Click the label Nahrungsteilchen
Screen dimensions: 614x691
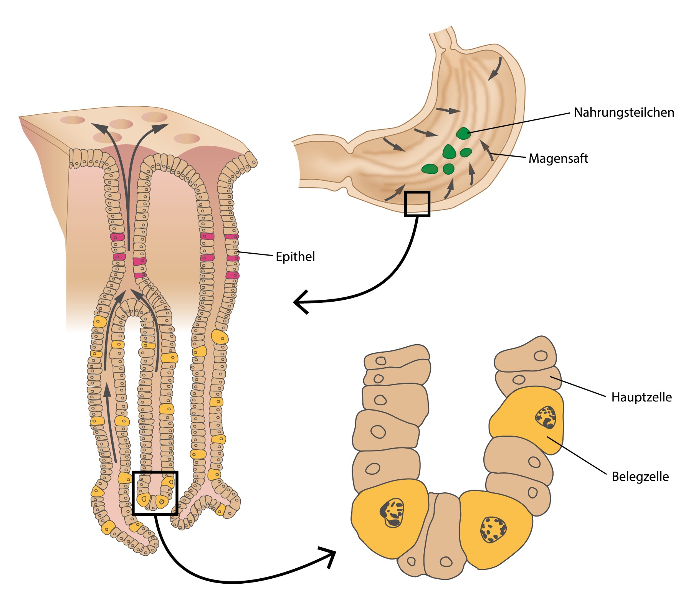coord(624,112)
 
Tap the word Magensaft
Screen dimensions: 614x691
coord(558,158)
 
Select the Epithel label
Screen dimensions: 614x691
coord(295,256)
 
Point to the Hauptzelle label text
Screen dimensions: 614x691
coord(641,397)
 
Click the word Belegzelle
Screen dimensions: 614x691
coord(640,477)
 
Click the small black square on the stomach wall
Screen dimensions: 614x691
coord(417,204)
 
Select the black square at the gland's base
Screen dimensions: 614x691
coord(155,493)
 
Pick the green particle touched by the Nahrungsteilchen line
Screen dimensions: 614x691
coord(463,134)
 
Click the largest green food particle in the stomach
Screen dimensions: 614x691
coord(449,152)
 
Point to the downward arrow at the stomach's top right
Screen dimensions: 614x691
coord(495,69)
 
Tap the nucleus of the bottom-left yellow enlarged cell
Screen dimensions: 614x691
coord(392,513)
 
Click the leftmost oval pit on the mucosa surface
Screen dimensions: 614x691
coord(72,120)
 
